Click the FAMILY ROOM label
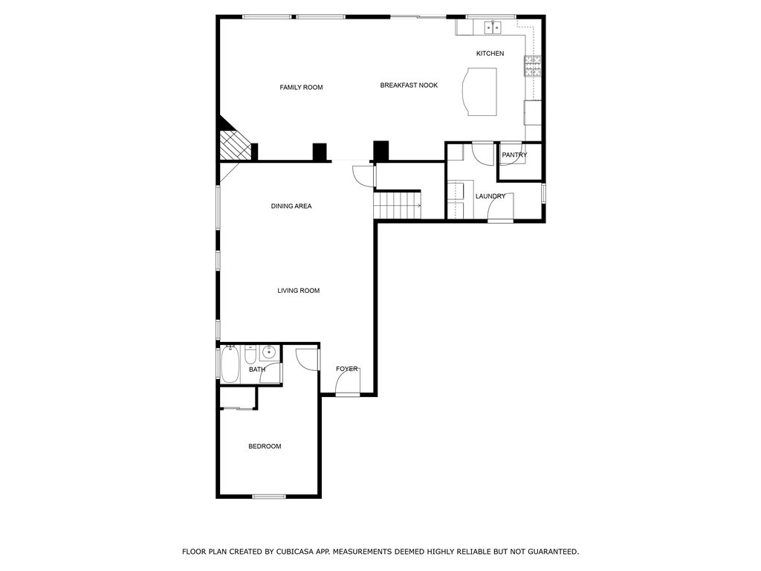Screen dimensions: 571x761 [x=301, y=88]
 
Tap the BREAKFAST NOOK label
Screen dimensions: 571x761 [x=409, y=86]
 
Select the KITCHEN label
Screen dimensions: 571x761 [x=490, y=54]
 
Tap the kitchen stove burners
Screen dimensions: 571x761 [x=533, y=67]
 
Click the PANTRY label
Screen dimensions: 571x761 [x=514, y=155]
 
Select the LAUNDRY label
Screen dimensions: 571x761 [x=490, y=196]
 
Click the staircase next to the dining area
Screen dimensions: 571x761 [x=398, y=204]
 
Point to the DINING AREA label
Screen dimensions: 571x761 [x=291, y=206]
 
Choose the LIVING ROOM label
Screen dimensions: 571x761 [x=299, y=291]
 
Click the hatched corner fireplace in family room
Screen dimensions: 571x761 [x=234, y=143]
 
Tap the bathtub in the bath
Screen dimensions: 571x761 [x=230, y=364]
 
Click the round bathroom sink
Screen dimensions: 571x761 [x=269, y=352]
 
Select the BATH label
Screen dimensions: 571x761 [x=257, y=370]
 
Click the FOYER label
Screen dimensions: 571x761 [x=346, y=369]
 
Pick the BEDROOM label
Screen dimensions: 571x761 [x=265, y=446]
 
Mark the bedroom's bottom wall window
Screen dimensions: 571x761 [x=269, y=496]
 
